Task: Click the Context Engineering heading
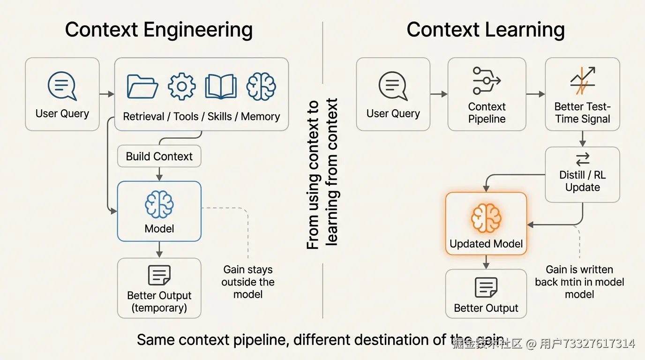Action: pos(158,30)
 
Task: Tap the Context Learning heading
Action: pos(486,30)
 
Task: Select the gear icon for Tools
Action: pos(181,86)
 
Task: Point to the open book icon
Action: pos(221,86)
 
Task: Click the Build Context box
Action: pos(159,157)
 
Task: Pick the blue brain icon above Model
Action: pos(159,204)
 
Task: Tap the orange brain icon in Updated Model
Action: pos(486,218)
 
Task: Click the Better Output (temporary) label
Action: pos(159,302)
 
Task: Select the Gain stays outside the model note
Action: pos(248,282)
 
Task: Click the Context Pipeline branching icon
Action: pos(487,81)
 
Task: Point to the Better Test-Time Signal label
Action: pos(582,113)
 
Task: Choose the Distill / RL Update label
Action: pos(582,181)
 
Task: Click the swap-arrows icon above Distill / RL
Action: pos(583,160)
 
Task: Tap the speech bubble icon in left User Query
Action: pos(62,86)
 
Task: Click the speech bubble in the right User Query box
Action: pos(393,86)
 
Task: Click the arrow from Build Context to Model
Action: pos(159,174)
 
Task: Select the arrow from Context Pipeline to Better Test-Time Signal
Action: pos(535,94)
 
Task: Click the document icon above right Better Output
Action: pos(486,287)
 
